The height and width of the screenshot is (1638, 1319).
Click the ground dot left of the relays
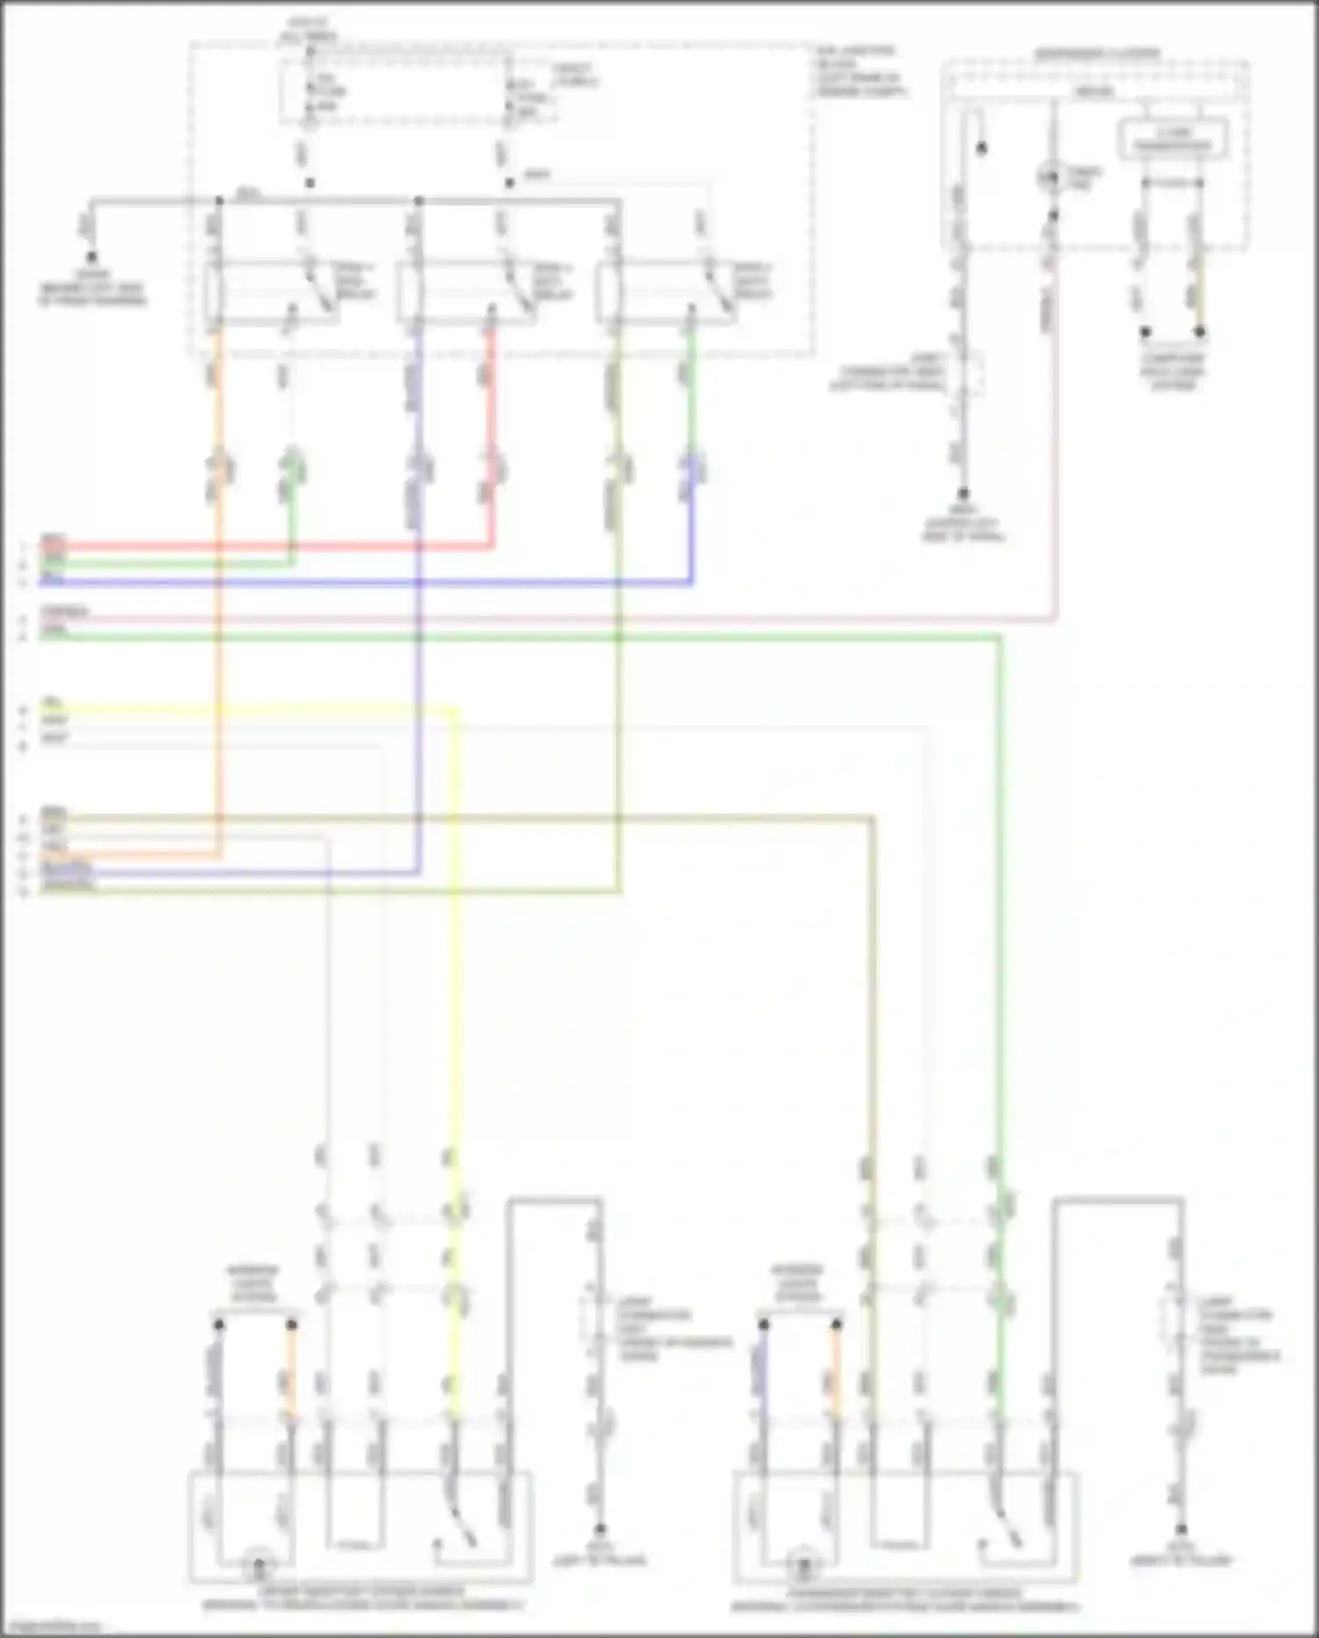point(91,257)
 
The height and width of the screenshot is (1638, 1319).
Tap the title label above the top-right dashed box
point(1096,54)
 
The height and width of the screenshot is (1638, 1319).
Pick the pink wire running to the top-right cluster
point(616,620)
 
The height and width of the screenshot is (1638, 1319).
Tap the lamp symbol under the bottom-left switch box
point(259,1567)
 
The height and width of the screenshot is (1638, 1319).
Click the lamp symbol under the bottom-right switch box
point(802,1567)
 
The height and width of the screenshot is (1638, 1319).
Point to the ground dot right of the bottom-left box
point(600,1530)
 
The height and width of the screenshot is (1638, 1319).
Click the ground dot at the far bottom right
point(1181,1530)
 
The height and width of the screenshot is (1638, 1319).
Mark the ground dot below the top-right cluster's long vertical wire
point(964,494)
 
